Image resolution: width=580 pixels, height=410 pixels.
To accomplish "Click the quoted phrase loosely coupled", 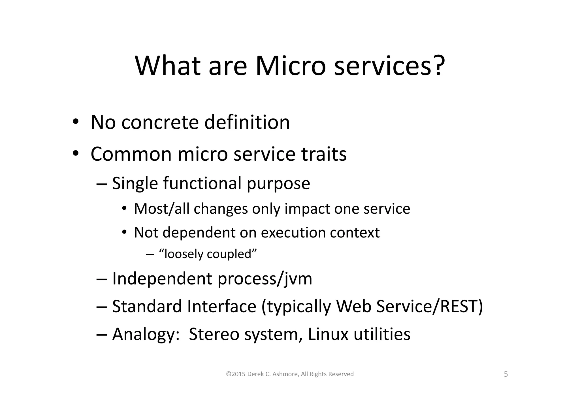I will coord(208,254).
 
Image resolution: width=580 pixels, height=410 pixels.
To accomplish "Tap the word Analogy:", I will coord(146,334).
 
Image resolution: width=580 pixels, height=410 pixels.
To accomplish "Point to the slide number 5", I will coord(506,374).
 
